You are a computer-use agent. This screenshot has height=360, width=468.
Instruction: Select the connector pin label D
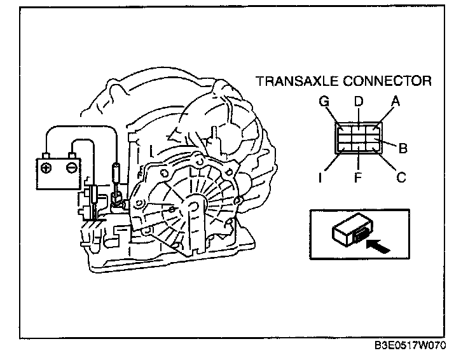(358, 101)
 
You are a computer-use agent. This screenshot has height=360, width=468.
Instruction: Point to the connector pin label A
(395, 101)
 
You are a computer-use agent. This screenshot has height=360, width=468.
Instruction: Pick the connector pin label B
(402, 149)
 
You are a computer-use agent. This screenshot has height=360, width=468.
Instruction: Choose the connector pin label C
(401, 177)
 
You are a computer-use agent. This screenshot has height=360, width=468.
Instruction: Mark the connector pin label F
(358, 178)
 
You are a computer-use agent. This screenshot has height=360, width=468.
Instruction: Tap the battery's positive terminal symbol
(47, 168)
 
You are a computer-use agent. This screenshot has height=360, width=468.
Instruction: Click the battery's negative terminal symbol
(72, 168)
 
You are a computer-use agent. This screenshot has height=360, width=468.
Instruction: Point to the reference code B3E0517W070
(410, 347)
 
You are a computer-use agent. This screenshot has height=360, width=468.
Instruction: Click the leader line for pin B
(389, 145)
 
